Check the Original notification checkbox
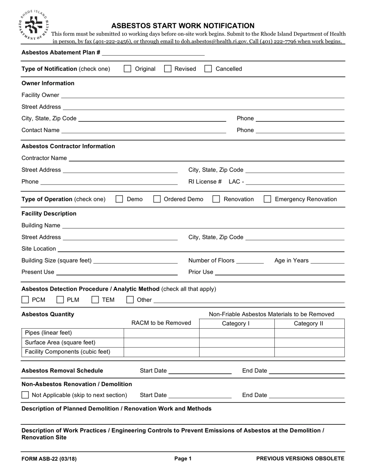tap(127, 69)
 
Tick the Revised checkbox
tap(168, 69)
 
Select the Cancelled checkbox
tap(208, 69)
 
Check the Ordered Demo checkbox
tap(157, 199)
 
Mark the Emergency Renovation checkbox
tap(267, 199)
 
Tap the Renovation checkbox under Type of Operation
tap(216, 199)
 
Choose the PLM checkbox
tap(60, 300)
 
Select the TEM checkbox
tap(95, 300)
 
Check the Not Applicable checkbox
tap(25, 395)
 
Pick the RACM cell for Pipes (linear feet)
tap(161, 333)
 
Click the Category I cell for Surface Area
tap(237, 343)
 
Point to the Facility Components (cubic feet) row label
tap(67, 352)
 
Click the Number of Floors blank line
tap(250, 261)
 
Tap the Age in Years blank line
tap(327, 261)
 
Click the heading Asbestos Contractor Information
tap(68, 146)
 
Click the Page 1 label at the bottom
tap(183, 459)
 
